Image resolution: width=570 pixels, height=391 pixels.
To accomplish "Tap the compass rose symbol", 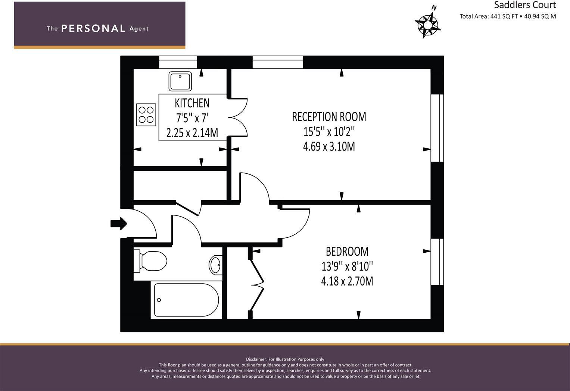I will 428,24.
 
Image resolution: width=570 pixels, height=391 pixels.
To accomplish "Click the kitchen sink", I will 180,81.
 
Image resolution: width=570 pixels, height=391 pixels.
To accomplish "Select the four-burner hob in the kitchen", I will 146,114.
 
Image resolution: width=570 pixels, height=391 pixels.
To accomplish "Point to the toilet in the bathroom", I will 151,261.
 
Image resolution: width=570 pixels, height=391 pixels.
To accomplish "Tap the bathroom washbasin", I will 215,265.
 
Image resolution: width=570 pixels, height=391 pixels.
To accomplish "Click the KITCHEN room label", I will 192,103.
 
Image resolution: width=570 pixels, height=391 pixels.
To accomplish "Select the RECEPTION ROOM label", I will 329,117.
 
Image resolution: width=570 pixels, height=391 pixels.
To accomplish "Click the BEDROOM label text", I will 347,252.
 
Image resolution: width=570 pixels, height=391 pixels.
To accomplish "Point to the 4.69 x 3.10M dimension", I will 329,146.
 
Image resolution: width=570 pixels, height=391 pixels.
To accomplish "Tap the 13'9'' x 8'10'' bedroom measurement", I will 347,267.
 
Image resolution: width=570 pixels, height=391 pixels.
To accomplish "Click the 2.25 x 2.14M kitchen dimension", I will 192,133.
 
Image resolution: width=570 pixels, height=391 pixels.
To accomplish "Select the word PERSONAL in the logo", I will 93,29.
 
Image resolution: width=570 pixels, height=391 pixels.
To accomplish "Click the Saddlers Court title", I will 525,5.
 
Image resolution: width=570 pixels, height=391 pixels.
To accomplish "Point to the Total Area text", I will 508,16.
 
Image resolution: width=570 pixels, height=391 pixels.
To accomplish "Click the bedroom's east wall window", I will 437,262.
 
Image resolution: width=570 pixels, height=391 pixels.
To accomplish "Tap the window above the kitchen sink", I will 178,62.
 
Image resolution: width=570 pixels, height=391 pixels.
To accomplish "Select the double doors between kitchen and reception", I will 238,117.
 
